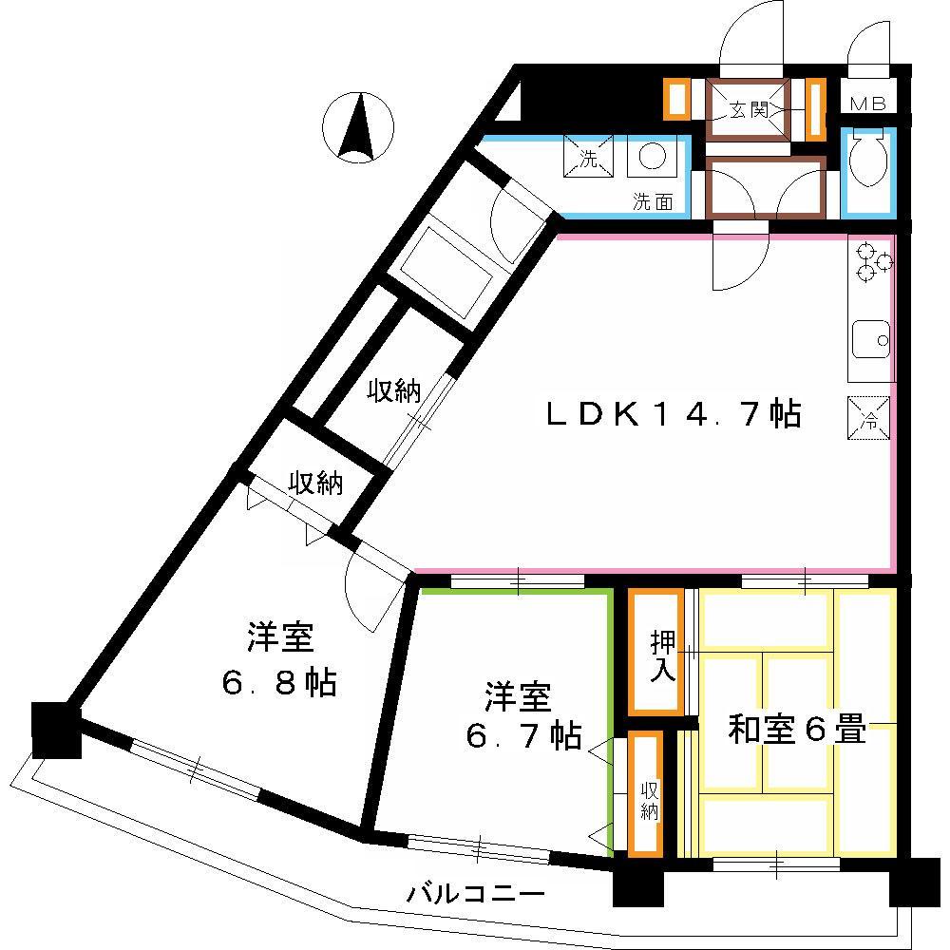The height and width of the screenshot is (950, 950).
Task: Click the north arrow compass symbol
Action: point(357,128)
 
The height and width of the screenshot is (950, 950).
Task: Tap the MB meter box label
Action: point(868,104)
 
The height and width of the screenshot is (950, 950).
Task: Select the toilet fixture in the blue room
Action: point(868,161)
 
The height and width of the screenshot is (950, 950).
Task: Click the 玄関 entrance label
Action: point(749,109)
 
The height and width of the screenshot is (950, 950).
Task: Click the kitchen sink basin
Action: point(870,339)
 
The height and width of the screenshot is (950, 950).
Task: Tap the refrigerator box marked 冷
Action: point(869,417)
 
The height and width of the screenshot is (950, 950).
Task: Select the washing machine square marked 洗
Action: point(588,157)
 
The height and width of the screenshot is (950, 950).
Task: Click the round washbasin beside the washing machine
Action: point(652,157)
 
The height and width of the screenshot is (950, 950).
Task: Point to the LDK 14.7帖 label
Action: point(674,414)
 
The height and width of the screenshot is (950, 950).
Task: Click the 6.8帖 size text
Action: point(279,683)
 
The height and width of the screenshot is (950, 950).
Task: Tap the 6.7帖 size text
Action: point(524,735)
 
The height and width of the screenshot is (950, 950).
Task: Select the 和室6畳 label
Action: point(797,729)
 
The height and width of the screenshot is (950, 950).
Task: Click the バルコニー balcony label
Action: point(476,894)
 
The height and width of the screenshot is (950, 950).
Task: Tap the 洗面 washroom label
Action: point(654,201)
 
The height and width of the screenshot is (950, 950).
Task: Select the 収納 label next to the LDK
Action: point(394,390)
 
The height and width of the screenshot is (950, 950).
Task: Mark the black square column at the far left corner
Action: point(56,730)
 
